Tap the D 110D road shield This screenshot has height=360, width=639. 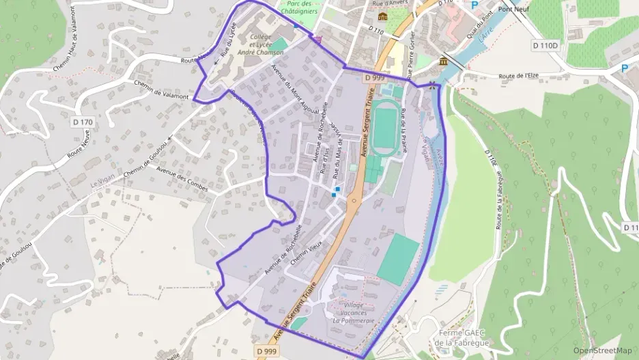click(545, 45)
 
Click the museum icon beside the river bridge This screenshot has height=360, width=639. click(444, 62)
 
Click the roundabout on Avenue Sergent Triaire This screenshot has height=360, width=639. click(354, 200)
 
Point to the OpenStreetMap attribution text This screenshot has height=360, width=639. click(603, 350)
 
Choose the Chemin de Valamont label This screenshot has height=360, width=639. click(160, 91)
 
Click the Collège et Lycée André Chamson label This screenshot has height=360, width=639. click(260, 44)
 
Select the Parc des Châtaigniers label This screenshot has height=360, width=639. click(301, 8)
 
